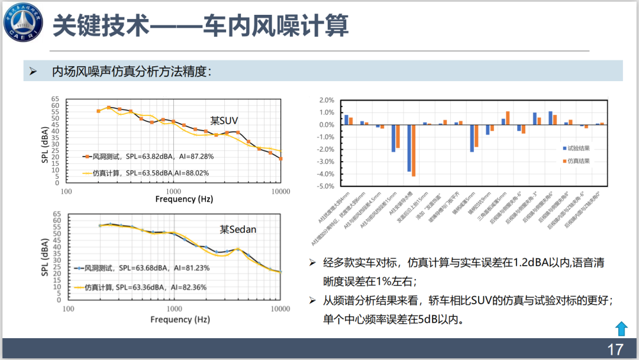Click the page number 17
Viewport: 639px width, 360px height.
point(615,348)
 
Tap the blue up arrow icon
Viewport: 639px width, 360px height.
point(621,328)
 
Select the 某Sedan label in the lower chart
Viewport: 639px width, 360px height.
point(238,229)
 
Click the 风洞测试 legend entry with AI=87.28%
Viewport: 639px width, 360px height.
point(148,156)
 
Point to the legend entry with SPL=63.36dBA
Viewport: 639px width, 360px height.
point(144,287)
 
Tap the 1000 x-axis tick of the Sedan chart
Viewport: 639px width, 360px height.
point(174,308)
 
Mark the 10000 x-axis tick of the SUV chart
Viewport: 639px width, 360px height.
point(280,191)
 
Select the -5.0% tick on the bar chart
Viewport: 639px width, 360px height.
point(327,186)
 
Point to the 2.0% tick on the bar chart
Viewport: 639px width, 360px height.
point(328,100)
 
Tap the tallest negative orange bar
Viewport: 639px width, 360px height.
point(413,150)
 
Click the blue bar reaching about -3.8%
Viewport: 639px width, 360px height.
point(409,148)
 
